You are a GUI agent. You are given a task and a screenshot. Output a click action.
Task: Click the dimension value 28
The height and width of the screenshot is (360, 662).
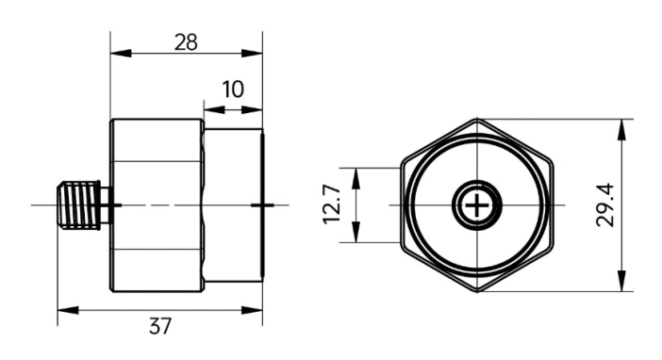tap(186, 42)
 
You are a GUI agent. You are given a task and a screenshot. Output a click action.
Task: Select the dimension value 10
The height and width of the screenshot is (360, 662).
tap(233, 90)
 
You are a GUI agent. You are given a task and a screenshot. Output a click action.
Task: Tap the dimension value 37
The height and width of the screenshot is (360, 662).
tap(160, 326)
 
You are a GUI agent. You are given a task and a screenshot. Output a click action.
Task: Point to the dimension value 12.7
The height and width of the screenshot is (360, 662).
tap(332, 205)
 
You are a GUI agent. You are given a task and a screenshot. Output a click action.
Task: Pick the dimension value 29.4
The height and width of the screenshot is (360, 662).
tap(605, 205)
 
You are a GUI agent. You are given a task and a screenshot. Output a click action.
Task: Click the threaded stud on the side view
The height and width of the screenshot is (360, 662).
tap(79, 205)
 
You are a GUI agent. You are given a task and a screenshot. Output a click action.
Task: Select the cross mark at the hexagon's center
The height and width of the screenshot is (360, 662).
tap(477, 205)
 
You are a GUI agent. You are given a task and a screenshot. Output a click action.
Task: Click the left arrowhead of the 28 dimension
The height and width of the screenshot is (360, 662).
tap(121, 54)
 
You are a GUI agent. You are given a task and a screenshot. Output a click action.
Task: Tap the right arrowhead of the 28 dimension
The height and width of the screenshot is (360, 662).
tap(252, 54)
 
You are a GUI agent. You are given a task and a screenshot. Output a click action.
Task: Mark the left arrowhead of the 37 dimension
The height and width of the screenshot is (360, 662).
tap(68, 311)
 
